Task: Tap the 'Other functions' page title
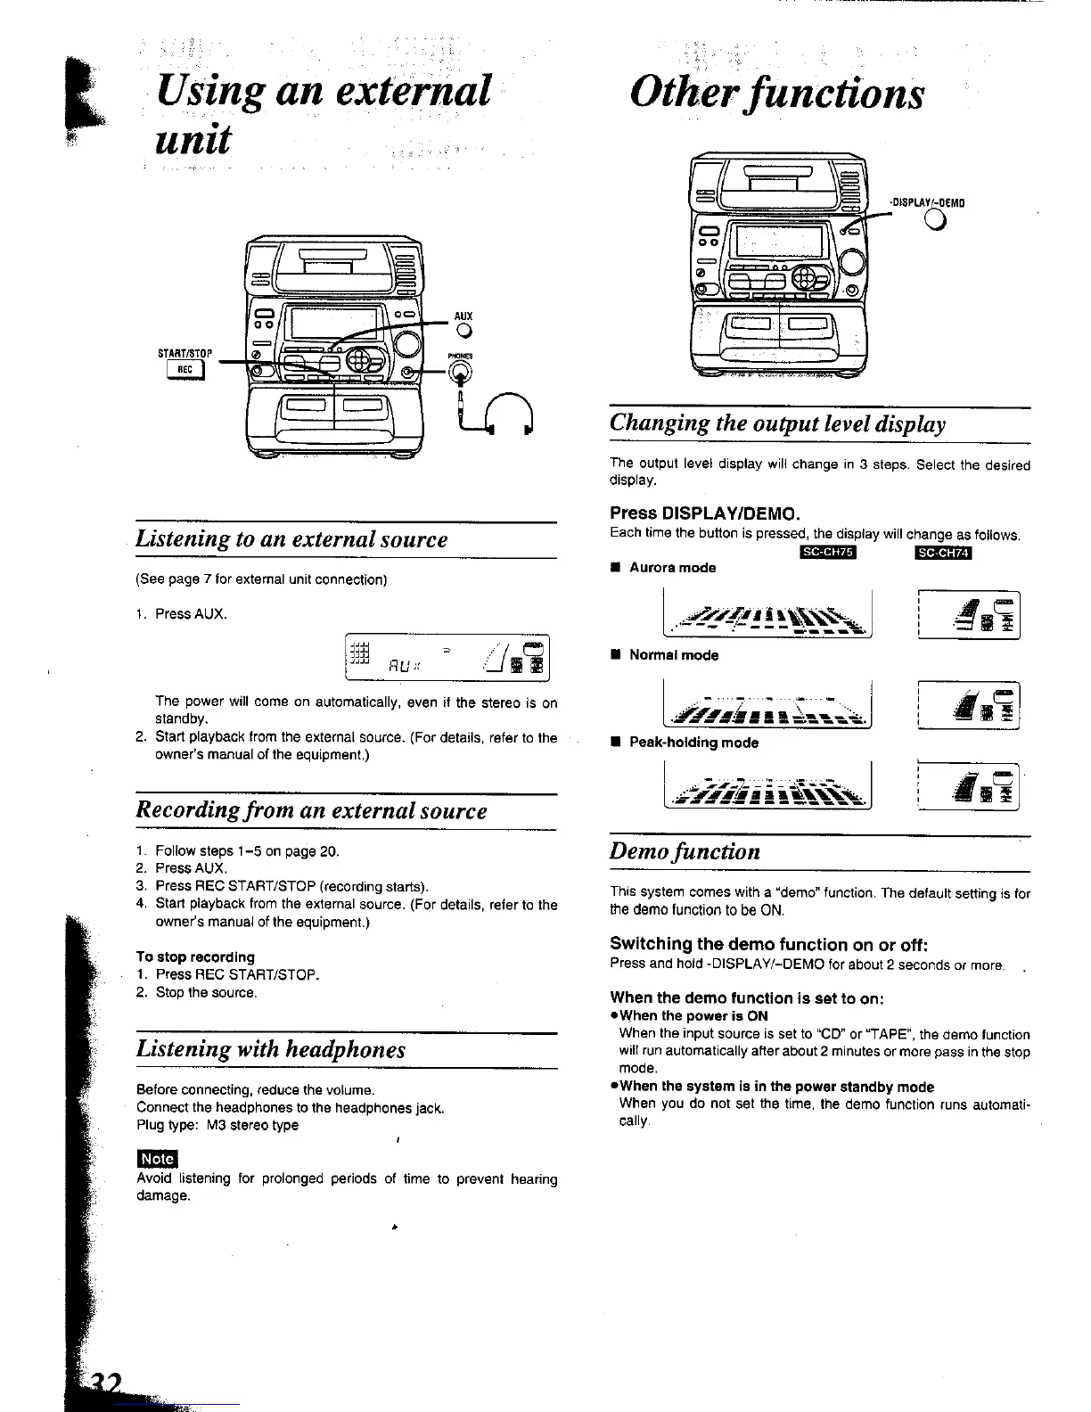[775, 93]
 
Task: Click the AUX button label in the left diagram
[463, 316]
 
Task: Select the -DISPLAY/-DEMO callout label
[927, 202]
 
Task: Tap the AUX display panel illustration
[448, 659]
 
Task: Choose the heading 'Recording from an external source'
[311, 811]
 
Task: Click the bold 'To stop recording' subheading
[195, 956]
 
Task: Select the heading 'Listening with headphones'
[271, 1049]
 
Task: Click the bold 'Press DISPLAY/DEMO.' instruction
[704, 513]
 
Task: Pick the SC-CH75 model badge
[827, 554]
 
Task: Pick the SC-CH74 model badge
[946, 554]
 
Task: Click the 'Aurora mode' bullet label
[672, 568]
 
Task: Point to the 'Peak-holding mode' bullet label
[693, 743]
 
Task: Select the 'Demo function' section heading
[685, 851]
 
